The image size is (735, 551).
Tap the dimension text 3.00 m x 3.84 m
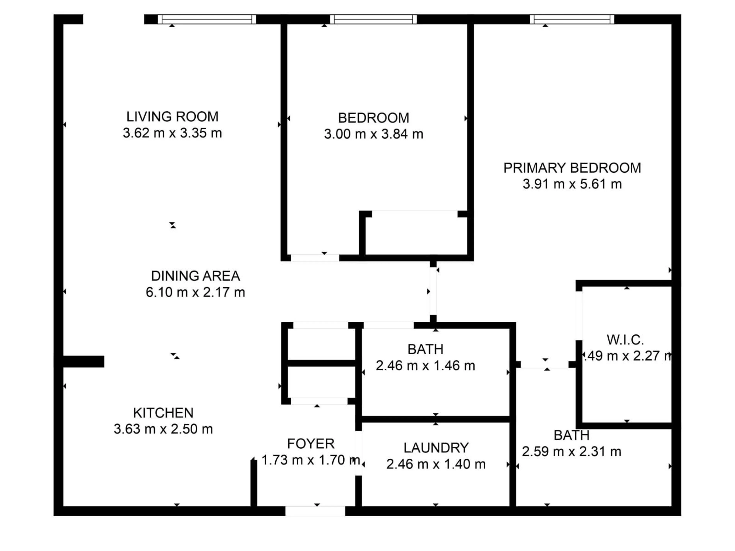coord(373,134)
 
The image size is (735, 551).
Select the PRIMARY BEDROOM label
coord(572,168)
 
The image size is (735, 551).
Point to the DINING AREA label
coord(195,276)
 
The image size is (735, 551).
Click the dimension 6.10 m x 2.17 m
coord(195,292)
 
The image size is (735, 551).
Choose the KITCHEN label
coord(163,413)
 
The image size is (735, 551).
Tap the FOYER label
coord(311,444)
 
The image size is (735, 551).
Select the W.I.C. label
coord(625,340)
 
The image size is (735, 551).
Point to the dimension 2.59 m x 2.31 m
coord(571,452)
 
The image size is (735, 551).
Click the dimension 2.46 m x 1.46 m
coord(425,366)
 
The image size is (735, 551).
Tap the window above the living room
coord(207,19)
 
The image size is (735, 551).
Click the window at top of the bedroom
coord(373,19)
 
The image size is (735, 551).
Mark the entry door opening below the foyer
coord(315,511)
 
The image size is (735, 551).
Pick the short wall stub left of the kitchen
coord(83,361)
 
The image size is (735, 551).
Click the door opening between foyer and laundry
coord(359,453)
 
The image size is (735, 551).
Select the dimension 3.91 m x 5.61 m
coord(572,184)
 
